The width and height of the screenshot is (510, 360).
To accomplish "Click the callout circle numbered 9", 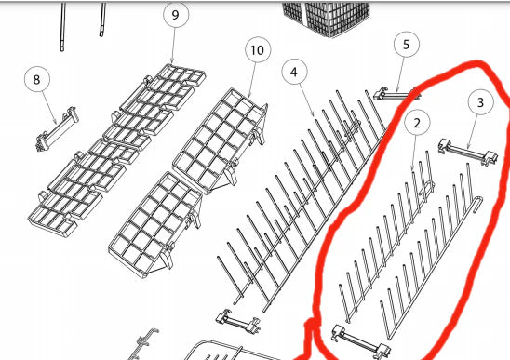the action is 175,15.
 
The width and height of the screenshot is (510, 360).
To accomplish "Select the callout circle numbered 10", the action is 258,50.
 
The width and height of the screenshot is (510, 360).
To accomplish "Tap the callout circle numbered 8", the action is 37,79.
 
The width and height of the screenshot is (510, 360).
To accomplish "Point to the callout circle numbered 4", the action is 294,72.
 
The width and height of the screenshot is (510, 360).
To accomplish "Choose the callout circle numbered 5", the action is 407,45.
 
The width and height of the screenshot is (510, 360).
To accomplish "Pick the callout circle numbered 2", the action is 417,123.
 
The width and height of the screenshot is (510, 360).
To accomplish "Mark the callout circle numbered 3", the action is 481,102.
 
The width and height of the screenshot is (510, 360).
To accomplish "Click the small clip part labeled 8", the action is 57,128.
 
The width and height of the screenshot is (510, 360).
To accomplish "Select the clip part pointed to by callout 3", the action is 468,153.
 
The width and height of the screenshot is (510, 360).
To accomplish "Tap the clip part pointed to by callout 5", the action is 396,94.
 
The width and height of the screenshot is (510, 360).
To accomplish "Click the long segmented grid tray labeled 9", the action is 117,151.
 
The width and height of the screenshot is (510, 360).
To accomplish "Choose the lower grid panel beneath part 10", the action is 155,224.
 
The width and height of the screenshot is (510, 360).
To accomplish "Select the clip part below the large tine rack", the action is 237,322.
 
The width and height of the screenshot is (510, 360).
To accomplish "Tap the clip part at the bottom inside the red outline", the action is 361,342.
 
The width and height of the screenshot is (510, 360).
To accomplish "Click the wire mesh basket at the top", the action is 327,18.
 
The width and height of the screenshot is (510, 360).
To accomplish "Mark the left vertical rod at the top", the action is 62,27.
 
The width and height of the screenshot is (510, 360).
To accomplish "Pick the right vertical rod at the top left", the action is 102,20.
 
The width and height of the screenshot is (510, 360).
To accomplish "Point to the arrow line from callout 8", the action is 48,108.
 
